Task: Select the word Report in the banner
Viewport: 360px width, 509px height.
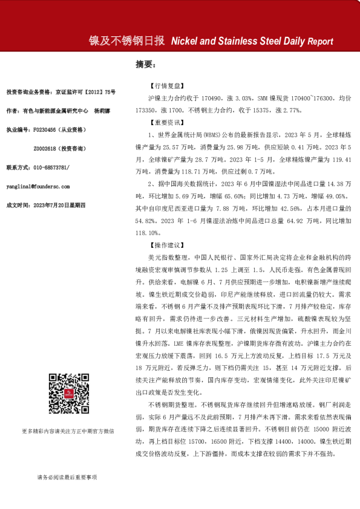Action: [x=320, y=42]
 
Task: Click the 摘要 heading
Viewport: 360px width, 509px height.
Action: [x=145, y=63]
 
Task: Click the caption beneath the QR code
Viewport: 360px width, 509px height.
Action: [x=68, y=431]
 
